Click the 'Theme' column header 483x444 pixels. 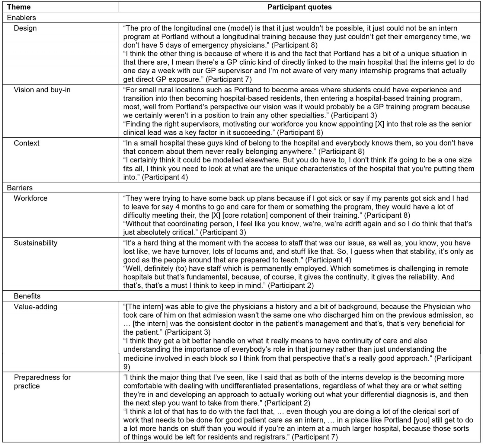(x=19, y=7)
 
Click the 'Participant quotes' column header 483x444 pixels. (x=299, y=7)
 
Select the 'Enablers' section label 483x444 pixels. (x=21, y=18)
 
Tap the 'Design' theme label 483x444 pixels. (x=25, y=28)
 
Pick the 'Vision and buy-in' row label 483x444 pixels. (x=42, y=90)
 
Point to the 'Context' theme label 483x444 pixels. (x=27, y=143)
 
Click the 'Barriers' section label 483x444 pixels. (x=20, y=188)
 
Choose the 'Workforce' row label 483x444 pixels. (x=30, y=198)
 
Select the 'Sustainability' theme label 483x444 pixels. (x=35, y=243)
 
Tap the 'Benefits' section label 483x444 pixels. (x=27, y=296)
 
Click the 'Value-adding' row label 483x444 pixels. (x=35, y=307)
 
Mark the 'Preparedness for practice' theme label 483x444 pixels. (x=42, y=382)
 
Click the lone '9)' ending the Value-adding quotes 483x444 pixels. (x=126, y=367)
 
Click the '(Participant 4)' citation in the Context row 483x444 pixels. (x=165, y=177)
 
